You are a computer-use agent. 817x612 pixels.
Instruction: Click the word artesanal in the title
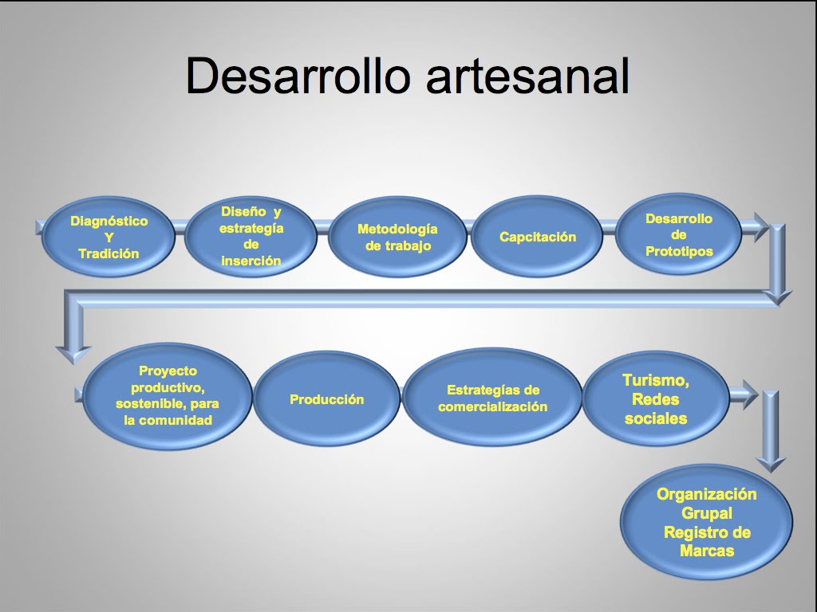tap(528, 76)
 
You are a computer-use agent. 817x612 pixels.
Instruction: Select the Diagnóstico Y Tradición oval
tap(108, 237)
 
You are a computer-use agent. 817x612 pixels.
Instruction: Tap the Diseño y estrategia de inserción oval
tap(251, 236)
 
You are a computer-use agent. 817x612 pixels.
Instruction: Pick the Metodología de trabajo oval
tap(397, 237)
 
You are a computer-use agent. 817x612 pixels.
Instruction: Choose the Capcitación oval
tap(537, 237)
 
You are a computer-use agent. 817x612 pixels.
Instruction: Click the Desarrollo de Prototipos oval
tap(678, 235)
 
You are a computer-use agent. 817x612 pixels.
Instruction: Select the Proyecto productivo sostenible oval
tap(168, 396)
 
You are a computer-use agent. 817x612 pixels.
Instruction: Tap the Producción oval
tap(326, 399)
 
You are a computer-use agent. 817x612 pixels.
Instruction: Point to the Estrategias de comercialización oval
tap(492, 398)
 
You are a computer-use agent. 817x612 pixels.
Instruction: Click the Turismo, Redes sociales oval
tap(656, 399)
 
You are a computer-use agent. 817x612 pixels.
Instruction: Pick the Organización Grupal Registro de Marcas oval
tap(706, 522)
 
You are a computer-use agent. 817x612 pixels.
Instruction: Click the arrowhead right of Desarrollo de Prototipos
tap(760, 227)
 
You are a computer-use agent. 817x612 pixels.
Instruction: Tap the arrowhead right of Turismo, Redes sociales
tap(749, 395)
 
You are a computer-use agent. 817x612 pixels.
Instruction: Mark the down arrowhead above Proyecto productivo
tap(73, 355)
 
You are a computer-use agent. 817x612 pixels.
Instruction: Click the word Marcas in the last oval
tap(707, 551)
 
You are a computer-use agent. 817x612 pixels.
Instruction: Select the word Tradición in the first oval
tap(109, 253)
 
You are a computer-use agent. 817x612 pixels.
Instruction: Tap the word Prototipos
tap(679, 251)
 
